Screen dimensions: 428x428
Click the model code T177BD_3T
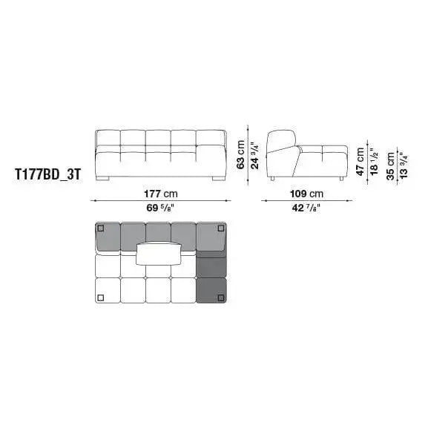tap(47, 178)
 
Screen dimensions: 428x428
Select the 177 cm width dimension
tap(160, 194)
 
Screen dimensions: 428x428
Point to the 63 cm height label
tap(240, 155)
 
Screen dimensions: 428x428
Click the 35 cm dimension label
tap(390, 163)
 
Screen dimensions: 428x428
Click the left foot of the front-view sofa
tap(103, 179)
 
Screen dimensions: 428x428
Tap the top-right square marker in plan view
tap(220, 230)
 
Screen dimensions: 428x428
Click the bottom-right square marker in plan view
tap(220, 298)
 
